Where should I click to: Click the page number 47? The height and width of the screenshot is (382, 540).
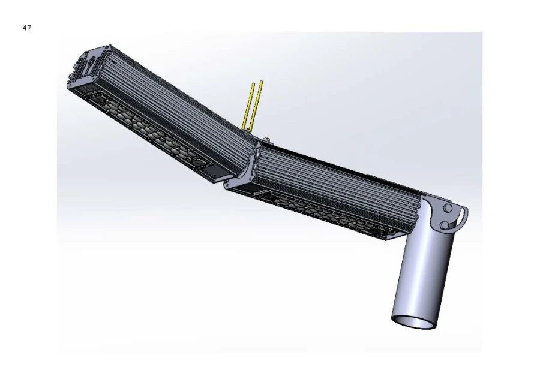pos(27,28)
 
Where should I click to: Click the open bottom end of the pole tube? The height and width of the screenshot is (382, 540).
pos(414,321)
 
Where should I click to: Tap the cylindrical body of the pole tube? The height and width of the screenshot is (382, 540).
pos(422,270)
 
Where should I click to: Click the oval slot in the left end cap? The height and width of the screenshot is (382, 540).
pos(91,61)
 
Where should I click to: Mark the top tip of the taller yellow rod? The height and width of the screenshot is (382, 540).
pos(261,82)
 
